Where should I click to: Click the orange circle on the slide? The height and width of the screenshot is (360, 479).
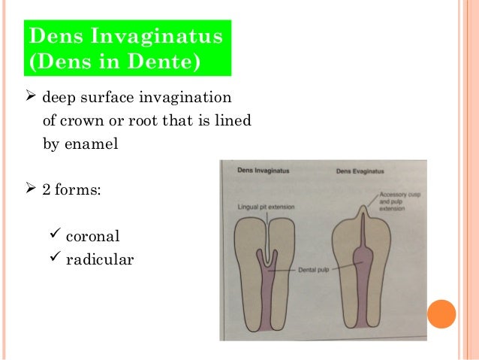[442, 314]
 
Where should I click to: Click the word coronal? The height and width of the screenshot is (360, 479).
[93, 236]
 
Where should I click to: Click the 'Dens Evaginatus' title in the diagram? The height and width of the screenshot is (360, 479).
[359, 172]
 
